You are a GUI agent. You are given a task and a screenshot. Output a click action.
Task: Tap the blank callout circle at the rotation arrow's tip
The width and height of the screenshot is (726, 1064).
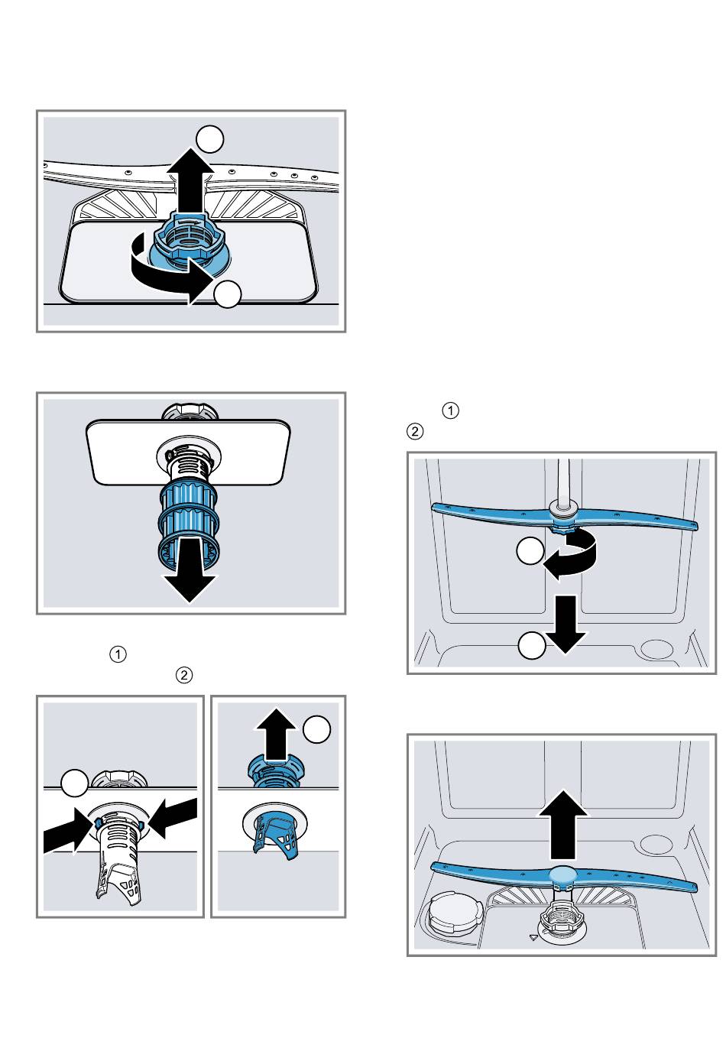pyautogui.click(x=228, y=294)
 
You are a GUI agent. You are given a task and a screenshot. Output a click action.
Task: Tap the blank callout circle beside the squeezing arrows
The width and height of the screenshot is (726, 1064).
pyautogui.click(x=74, y=783)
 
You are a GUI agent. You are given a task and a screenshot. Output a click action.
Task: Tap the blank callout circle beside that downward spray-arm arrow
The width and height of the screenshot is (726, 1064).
pyautogui.click(x=532, y=646)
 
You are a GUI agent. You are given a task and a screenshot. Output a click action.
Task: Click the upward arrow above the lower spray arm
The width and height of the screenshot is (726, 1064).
pyautogui.click(x=563, y=824)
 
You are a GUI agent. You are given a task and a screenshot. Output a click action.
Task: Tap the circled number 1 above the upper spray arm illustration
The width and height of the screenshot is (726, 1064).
pyautogui.click(x=451, y=411)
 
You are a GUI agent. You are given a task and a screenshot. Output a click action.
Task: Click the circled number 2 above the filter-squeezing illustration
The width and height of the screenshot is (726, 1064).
pyautogui.click(x=183, y=676)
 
